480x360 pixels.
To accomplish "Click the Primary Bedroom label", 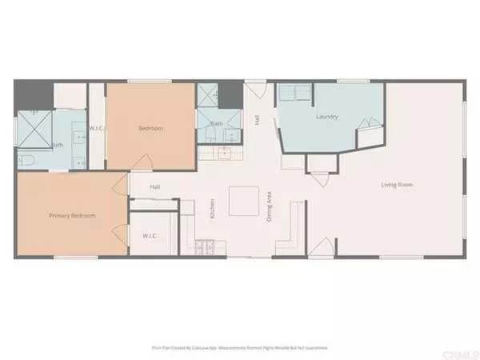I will (x=72, y=216).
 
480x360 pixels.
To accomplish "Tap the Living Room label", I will (x=397, y=185).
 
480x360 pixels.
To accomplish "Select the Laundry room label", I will (x=326, y=117).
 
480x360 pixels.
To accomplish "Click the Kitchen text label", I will (x=212, y=208).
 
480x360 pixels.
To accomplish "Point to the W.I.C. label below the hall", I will (x=150, y=235).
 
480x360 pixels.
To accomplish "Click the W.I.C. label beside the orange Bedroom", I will (x=97, y=128).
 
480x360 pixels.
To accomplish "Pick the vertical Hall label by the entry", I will (x=257, y=119).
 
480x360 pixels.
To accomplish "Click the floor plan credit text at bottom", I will (x=240, y=348).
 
